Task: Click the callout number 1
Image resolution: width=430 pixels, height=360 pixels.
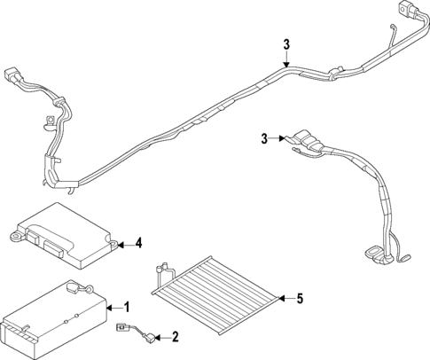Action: coord(126,307)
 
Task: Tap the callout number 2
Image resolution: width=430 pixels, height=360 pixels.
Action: coord(175,337)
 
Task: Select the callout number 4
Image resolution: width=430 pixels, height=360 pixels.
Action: coord(138,242)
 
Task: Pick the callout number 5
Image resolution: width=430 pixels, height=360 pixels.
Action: coord(300,299)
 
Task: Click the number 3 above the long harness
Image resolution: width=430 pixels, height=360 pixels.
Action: coord(286,45)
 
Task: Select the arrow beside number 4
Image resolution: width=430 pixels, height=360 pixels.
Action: coord(124,242)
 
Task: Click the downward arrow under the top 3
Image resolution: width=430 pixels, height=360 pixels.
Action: coord(286,60)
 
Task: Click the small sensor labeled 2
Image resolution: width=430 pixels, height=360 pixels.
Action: coord(133,334)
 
